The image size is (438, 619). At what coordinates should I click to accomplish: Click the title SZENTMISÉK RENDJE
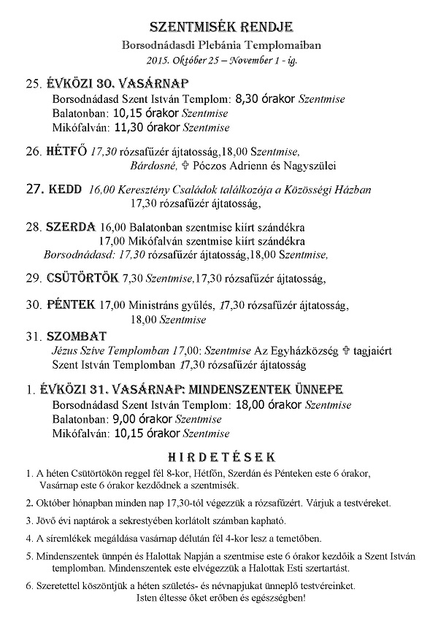tap(221, 27)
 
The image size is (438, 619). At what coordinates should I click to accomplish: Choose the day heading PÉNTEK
tap(70, 303)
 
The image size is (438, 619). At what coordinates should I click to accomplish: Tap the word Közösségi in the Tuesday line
tap(307, 190)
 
